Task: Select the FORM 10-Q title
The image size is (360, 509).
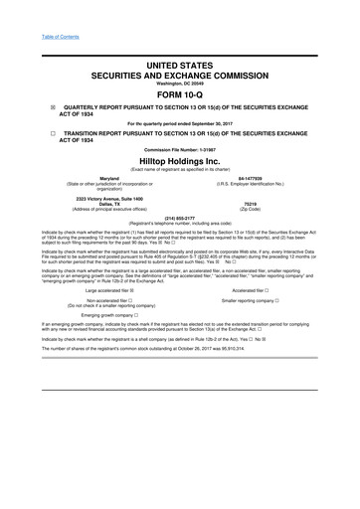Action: coord(179,97)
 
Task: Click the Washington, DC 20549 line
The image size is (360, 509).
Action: coord(179,83)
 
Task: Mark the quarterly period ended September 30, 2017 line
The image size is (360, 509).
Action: coord(179,124)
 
